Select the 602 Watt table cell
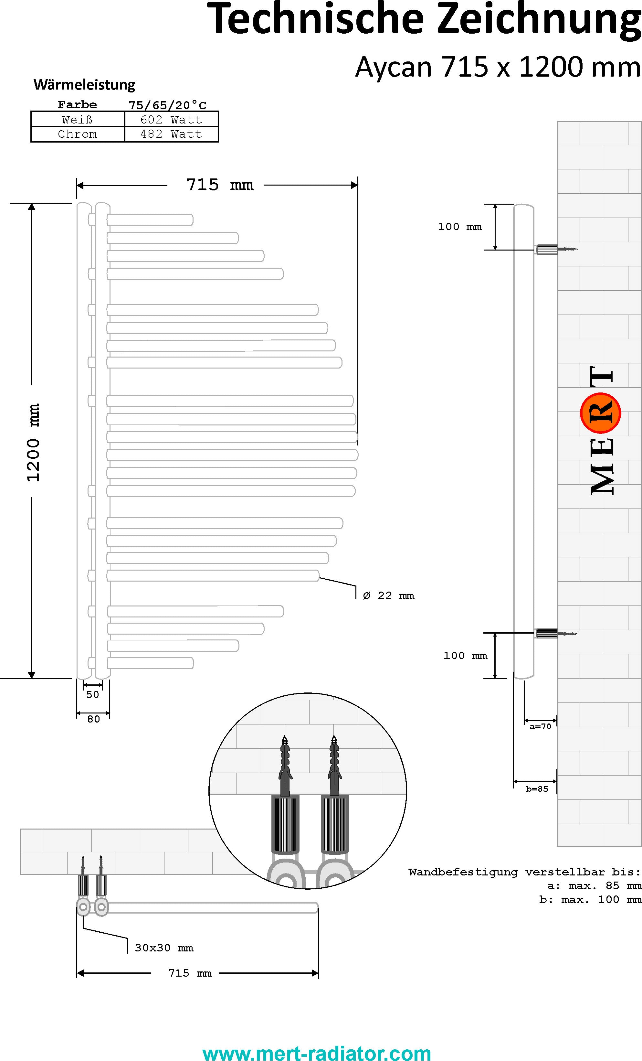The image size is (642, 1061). [171, 119]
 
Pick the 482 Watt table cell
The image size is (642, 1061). [171, 134]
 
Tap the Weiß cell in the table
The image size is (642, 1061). [78, 119]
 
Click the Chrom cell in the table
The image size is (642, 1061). [78, 134]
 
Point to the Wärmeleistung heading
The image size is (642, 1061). [84, 84]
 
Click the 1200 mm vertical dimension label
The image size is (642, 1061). [33, 442]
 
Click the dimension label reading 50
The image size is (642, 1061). [92, 694]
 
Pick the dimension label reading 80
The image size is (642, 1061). [93, 719]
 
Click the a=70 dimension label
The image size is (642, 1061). [540, 726]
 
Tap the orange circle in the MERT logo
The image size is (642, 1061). [600, 413]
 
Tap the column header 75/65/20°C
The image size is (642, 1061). [168, 105]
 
